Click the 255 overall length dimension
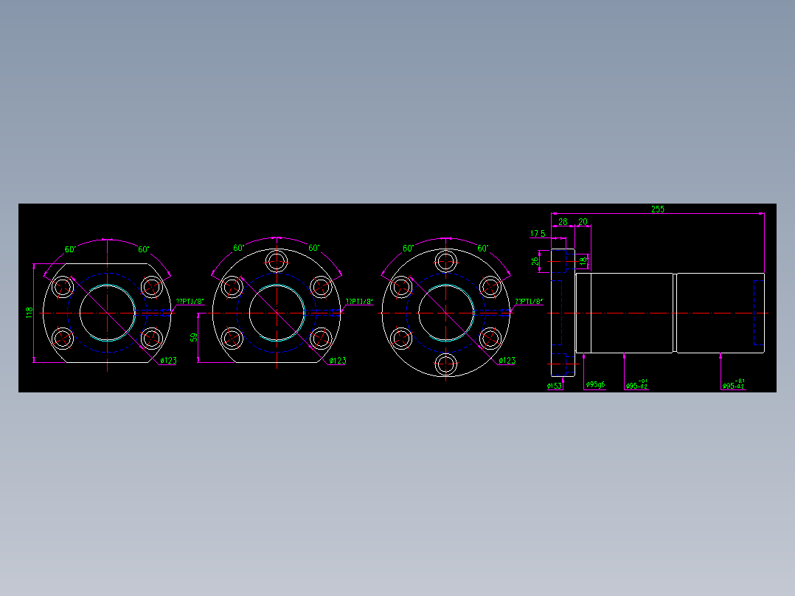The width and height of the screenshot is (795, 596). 657,209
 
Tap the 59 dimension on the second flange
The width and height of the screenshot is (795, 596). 194,337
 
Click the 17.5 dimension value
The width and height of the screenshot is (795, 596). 538,234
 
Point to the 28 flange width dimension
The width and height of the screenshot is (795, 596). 563,221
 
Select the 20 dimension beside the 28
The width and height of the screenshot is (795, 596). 583,221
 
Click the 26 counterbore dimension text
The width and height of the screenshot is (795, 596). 535,260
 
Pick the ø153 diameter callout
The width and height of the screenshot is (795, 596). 555,386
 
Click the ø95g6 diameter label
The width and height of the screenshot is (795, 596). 595,385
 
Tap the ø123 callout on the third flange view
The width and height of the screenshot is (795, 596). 507,361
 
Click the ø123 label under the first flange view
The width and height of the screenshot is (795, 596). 168,361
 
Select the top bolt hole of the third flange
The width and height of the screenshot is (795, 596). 446,260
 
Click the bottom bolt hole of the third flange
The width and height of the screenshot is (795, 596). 446,364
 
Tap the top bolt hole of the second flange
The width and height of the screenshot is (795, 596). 277,260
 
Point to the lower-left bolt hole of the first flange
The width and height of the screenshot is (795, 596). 63,339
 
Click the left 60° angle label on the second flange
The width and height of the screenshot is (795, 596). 240,249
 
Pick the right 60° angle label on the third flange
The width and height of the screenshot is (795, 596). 483,249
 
